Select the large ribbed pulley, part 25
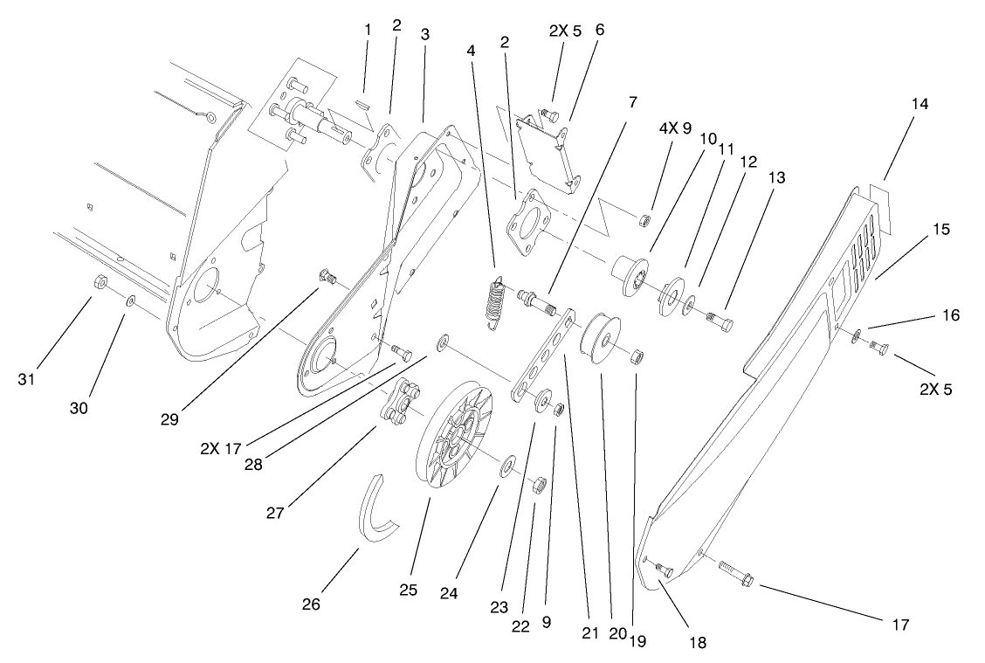point(454,428)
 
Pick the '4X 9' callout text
point(674,128)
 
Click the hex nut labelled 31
point(100,282)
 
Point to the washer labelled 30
point(129,300)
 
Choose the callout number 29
point(169,418)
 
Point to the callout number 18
point(696,642)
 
